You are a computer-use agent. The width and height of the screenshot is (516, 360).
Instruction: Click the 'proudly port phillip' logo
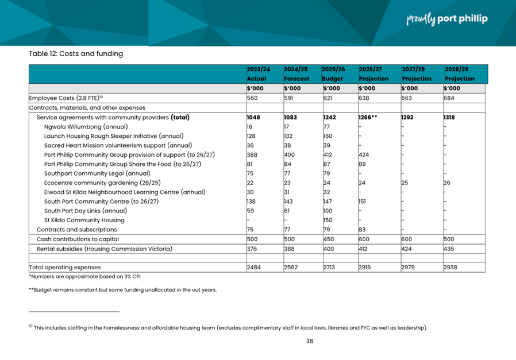[446, 19]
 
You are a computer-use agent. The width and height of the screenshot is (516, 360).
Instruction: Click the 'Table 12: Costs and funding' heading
[76, 54]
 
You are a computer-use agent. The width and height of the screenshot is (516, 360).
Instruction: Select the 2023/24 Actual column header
[258, 73]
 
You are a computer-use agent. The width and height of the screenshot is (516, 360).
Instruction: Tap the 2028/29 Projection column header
[459, 73]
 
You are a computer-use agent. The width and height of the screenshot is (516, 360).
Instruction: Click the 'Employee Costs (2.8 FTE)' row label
[66, 98]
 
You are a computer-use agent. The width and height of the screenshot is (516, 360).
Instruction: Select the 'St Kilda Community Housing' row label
[84, 220]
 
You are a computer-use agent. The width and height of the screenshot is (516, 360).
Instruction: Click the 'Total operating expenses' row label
[65, 267]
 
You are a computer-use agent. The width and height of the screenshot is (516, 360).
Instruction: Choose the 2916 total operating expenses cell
[365, 267]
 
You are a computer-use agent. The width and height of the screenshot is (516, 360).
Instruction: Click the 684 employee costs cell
[449, 98]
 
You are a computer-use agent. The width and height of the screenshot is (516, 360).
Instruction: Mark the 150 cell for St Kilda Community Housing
[328, 220]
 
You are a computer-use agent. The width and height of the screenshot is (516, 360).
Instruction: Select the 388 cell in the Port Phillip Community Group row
[252, 154]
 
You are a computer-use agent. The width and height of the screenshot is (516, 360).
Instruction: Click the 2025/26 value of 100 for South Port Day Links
[328, 211]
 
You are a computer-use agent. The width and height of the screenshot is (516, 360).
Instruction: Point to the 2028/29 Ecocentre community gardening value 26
[447, 183]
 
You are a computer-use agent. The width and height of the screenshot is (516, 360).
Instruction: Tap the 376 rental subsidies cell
[252, 249]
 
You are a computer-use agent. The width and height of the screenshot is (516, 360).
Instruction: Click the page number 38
[309, 341]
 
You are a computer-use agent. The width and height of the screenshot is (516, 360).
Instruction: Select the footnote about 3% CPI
[84, 277]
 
